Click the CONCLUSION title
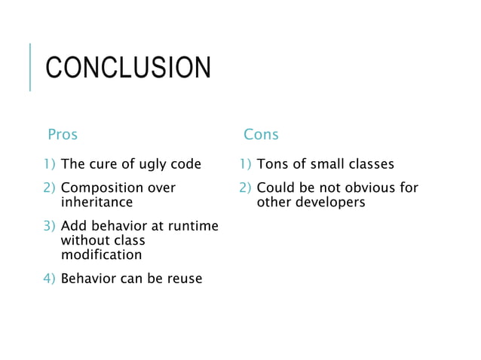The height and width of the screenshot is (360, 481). pos(128,68)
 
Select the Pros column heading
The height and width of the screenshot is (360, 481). pos(63,135)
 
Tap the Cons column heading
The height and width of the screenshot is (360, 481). pos(261,135)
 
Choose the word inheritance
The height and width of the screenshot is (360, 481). pos(96,203)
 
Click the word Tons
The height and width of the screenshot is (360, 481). pos(271,164)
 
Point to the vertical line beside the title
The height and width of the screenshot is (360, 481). pos(29,67)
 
